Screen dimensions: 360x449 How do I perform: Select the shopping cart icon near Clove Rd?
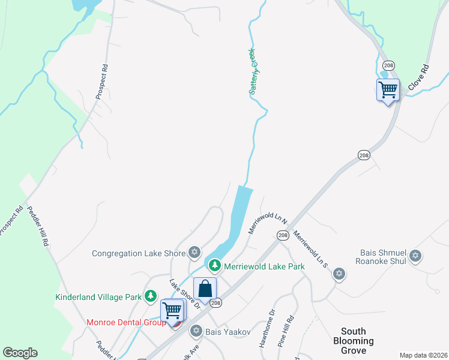click(x=388, y=90)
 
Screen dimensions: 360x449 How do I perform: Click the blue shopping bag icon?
click(x=205, y=289)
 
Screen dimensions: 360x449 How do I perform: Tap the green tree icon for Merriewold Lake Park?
click(x=213, y=265)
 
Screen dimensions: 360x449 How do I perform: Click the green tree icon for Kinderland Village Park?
click(x=150, y=296)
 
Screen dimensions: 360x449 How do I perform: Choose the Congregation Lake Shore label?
click(x=139, y=253)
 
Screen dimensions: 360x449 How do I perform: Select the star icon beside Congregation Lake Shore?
click(x=194, y=253)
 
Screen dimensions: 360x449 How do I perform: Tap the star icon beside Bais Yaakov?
click(x=195, y=331)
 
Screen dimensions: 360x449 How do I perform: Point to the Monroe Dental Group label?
click(x=126, y=322)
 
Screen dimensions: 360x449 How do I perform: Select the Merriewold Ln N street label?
click(x=268, y=223)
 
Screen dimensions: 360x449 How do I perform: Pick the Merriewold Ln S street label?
click(x=310, y=248)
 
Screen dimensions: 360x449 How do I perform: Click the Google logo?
click(x=20, y=353)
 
